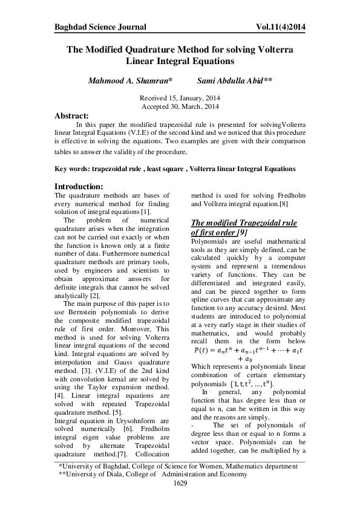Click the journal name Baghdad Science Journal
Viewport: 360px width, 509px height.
tap(100, 27)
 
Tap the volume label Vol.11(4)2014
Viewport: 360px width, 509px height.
tap(277, 27)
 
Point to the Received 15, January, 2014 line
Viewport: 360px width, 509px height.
tap(180, 98)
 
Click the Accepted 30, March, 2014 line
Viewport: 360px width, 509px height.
tap(180, 106)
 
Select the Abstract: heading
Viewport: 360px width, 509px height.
tap(71, 115)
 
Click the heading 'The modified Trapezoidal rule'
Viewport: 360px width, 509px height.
tap(244, 223)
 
